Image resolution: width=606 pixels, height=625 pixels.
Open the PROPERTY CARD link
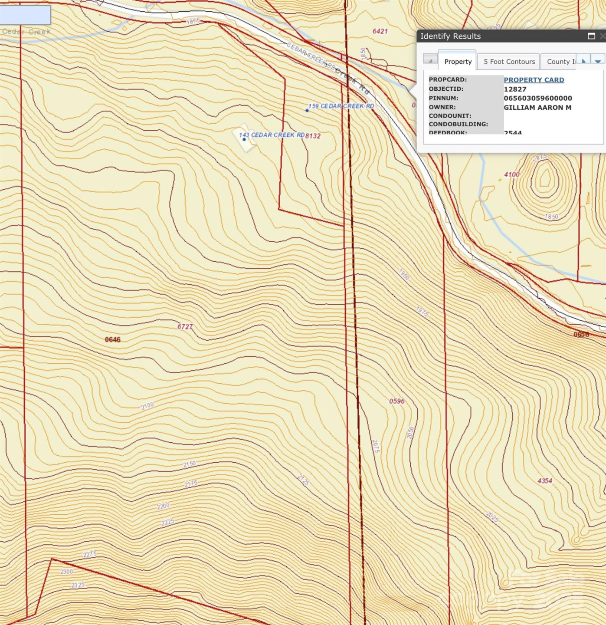click(534, 80)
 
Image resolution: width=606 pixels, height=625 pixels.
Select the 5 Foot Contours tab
click(509, 62)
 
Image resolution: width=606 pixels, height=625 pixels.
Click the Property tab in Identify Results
click(458, 62)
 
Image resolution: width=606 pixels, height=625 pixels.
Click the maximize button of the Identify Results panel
click(591, 36)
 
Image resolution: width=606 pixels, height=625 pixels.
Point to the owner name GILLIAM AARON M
click(537, 107)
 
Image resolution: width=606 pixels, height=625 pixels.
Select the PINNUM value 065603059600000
click(537, 98)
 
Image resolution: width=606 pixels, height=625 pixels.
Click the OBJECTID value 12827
click(514, 89)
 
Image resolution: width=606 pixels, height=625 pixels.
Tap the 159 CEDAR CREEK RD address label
click(341, 106)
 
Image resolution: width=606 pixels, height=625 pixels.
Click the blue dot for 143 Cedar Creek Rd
click(244, 139)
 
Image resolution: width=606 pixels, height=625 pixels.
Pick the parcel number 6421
click(380, 31)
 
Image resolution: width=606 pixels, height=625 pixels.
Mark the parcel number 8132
click(313, 136)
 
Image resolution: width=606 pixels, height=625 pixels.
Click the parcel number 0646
click(112, 339)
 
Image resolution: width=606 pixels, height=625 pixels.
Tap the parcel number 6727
click(185, 327)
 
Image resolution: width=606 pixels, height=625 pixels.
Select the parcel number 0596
click(396, 401)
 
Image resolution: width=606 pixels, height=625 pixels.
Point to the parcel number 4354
click(544, 480)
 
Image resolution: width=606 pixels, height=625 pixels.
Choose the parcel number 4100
click(511, 174)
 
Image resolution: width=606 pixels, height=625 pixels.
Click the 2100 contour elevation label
click(147, 405)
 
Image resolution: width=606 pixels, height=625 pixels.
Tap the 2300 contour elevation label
click(66, 572)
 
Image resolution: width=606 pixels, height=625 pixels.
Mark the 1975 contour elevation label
click(422, 311)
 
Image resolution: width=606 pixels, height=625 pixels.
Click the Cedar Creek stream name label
click(26, 32)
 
